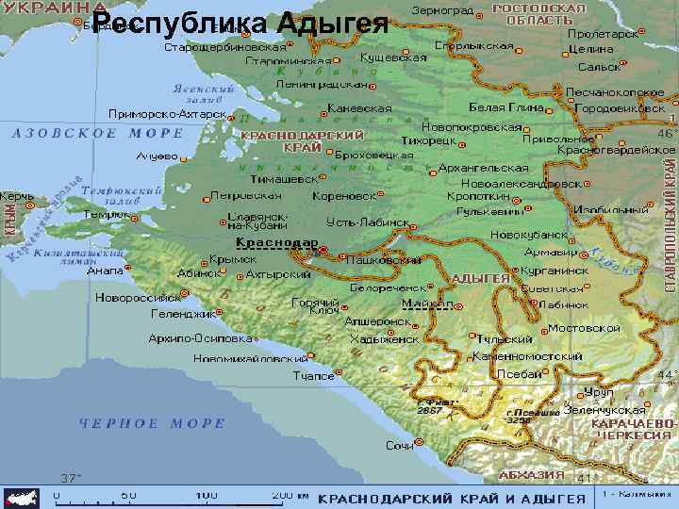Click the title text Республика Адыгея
tap(241, 24)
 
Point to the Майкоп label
tap(426, 304)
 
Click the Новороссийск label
tap(138, 297)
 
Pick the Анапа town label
tap(105, 271)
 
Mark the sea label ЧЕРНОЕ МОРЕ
tap(152, 422)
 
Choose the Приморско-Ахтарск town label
tap(167, 113)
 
